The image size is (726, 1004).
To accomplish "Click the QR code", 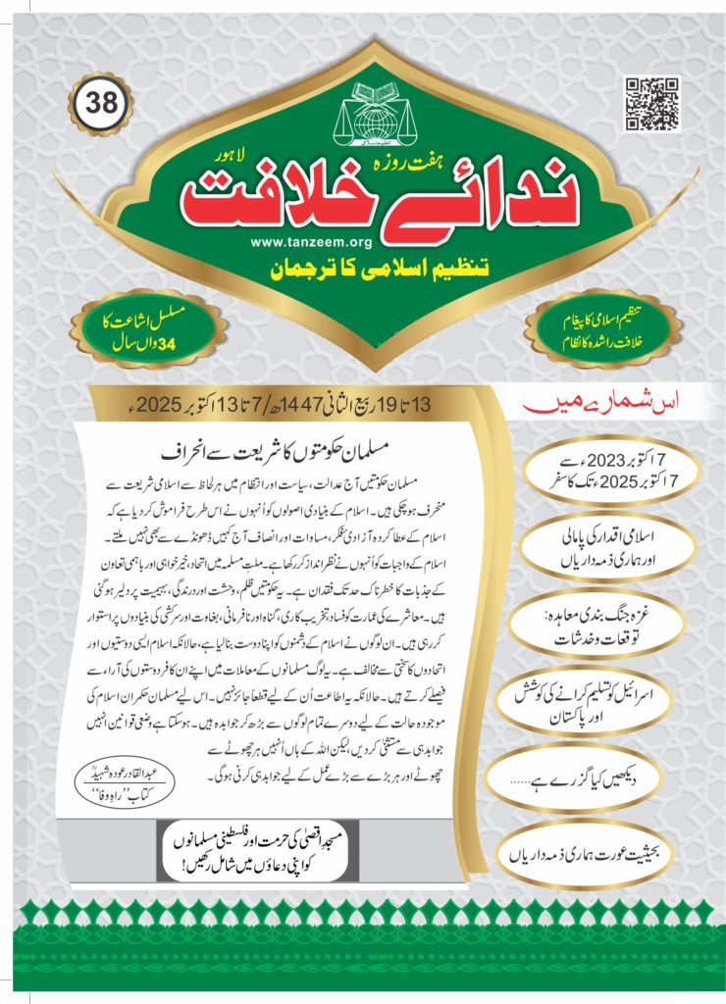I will click(x=652, y=103).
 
